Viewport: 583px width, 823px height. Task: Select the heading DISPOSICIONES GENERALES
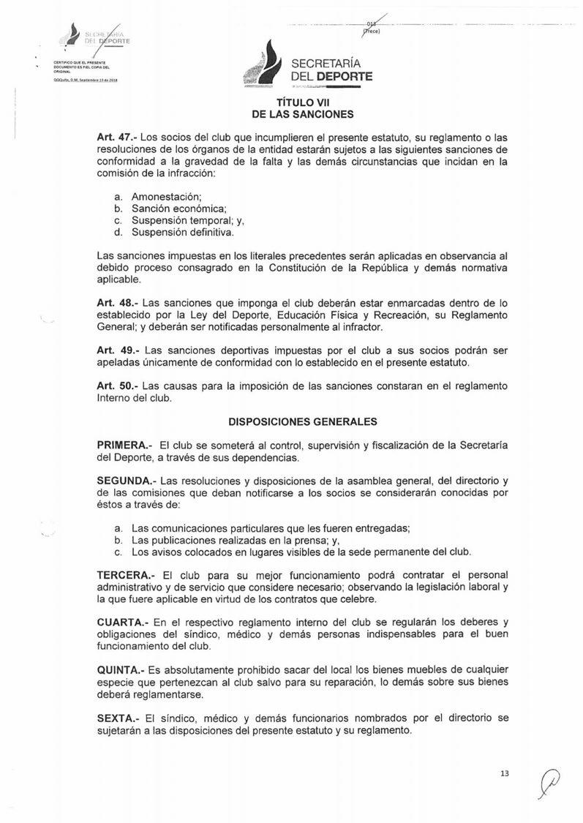coord(303,422)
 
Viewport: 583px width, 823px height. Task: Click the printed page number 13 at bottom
coord(504,773)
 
